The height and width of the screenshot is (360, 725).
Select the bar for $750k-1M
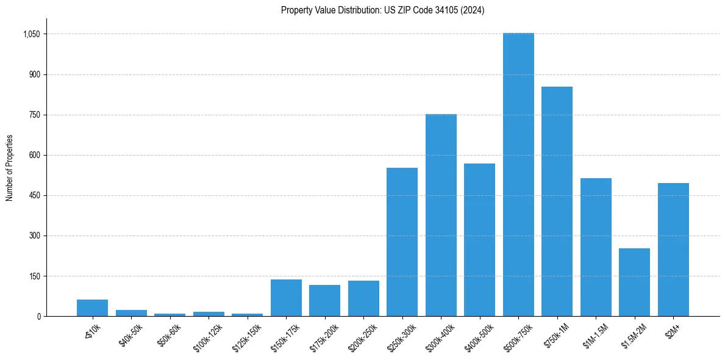click(557, 201)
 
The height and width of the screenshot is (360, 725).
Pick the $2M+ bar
click(673, 250)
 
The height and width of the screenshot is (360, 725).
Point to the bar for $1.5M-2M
click(634, 282)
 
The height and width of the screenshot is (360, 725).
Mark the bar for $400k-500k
click(479, 240)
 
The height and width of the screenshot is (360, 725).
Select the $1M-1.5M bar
click(596, 247)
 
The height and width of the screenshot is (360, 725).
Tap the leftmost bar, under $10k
click(92, 308)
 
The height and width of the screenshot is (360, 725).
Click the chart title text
click(382, 10)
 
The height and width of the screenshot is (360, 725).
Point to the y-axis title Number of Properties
click(10, 168)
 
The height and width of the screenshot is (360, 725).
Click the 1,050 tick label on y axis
click(31, 34)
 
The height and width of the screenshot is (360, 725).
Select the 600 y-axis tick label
click(34, 155)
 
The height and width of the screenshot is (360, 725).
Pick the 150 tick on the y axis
click(34, 276)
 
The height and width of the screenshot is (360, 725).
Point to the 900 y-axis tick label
click(34, 74)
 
